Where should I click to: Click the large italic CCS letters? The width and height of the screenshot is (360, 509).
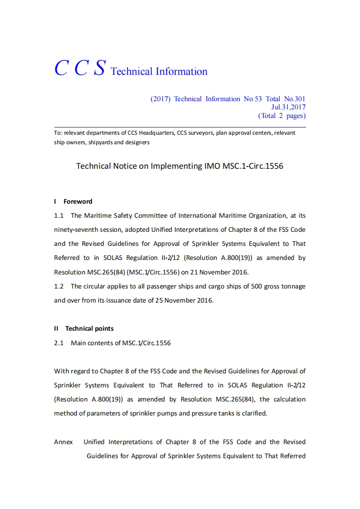point(80,68)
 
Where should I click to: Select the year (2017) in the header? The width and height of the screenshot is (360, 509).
point(160,99)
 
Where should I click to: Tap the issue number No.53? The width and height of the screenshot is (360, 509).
point(252,99)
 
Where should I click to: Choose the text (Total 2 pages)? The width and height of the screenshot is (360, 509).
point(282,116)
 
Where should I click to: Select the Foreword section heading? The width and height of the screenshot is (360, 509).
point(78,201)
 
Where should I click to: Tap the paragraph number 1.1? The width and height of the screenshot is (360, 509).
point(59,215)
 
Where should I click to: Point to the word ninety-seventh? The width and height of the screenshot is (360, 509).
point(75,230)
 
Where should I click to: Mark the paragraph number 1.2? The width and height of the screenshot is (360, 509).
point(59,286)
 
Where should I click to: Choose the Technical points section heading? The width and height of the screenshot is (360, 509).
point(89,328)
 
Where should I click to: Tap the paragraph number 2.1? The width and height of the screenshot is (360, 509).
point(59,343)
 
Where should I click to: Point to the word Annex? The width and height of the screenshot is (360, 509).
point(63,442)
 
